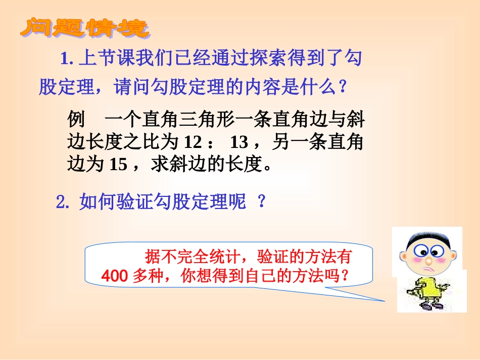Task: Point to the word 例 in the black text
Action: pos(75,122)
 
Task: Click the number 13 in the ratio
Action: pos(239,143)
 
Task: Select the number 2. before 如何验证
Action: pos(63,202)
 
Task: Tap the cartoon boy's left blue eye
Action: pos(417,250)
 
